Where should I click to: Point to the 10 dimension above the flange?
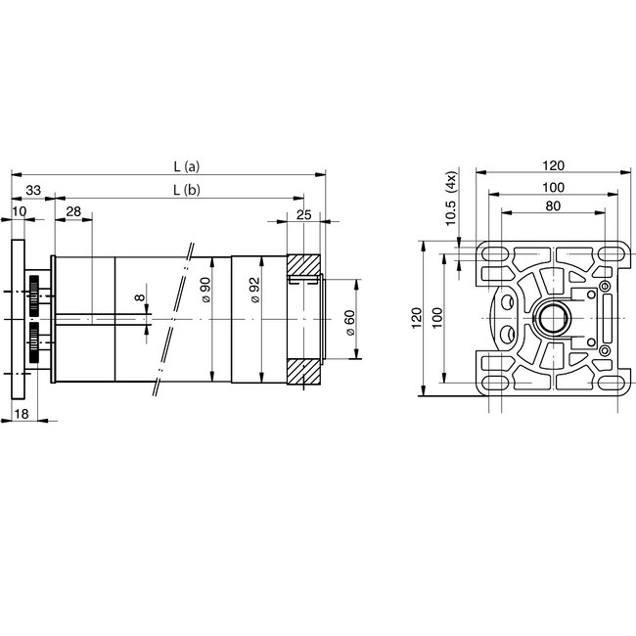21,212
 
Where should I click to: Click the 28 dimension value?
72,212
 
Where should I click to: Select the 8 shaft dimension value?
139,297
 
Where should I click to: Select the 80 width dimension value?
554,206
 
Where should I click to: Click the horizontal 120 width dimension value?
554,165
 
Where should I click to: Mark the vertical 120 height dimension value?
417,319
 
